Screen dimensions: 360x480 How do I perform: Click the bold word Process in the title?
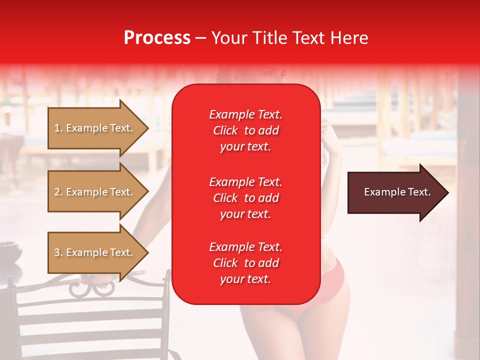click(x=157, y=38)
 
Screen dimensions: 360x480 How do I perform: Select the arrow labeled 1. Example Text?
click(x=95, y=128)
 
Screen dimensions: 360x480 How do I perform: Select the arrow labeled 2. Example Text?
click(x=95, y=192)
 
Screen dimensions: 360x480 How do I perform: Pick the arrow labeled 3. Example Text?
click(x=95, y=253)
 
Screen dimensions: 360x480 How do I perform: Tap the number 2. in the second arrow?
click(x=58, y=192)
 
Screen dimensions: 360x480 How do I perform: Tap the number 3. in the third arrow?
click(x=58, y=253)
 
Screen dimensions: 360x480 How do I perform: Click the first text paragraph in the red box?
click(x=245, y=130)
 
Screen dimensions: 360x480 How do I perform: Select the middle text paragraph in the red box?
click(x=245, y=198)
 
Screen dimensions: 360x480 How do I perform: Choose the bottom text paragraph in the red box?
click(x=245, y=263)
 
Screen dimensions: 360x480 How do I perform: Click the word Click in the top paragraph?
click(x=225, y=130)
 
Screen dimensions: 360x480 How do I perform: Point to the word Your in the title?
click(x=228, y=38)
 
